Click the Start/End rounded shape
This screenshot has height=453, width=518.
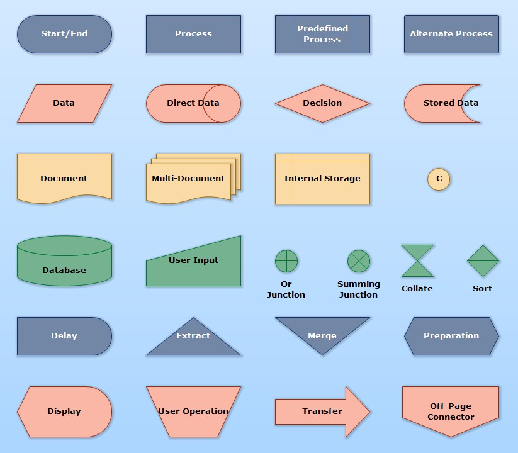[64, 34]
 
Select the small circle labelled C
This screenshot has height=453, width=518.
[439, 179]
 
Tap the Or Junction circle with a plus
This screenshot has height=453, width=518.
[286, 260]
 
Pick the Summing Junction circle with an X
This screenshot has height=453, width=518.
[359, 260]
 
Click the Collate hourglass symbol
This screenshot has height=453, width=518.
[417, 260]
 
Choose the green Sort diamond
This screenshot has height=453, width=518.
[483, 260]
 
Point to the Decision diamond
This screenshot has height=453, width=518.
[322, 103]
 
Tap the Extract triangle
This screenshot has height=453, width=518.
[193, 340]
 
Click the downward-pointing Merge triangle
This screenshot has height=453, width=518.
[322, 332]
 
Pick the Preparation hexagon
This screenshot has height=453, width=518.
[451, 336]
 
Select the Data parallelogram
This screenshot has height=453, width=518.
[64, 103]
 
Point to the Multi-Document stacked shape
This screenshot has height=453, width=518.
[189, 179]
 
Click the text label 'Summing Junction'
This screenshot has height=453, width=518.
[359, 289]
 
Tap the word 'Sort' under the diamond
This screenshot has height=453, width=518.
[482, 289]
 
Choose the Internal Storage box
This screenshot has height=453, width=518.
[322, 179]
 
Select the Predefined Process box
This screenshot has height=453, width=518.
[322, 34]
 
